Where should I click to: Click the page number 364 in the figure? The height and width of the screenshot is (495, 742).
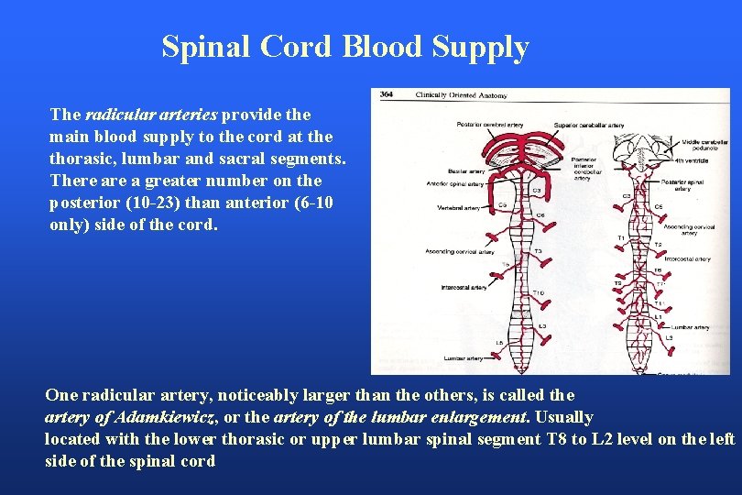(x=387, y=94)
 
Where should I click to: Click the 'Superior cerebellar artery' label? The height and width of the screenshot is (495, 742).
(x=590, y=125)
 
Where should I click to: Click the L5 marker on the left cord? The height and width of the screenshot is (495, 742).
(x=499, y=343)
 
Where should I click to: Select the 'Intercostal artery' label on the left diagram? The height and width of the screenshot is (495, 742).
(x=462, y=287)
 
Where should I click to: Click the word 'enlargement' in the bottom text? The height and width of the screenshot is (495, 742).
(x=484, y=416)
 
